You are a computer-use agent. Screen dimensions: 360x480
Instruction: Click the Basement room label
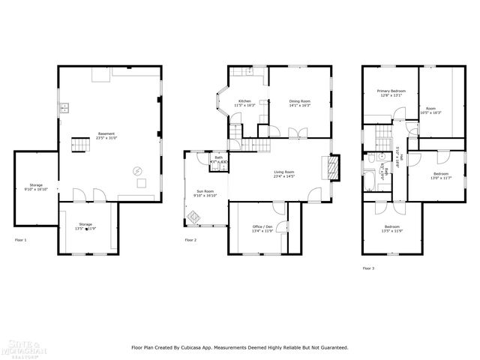(x=106, y=134)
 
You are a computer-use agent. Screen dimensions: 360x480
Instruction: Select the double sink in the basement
(x=65, y=108)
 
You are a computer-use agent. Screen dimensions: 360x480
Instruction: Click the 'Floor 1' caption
(x=21, y=240)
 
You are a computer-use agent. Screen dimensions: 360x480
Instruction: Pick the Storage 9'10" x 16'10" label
(x=36, y=187)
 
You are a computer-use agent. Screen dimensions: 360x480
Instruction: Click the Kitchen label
(x=245, y=101)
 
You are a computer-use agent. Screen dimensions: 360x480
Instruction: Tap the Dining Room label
(x=300, y=101)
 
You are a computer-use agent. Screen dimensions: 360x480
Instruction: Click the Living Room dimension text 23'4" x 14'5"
(x=283, y=176)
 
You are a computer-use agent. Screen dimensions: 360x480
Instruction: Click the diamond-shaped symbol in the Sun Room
(x=193, y=217)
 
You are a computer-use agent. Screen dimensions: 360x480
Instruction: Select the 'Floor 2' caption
(x=190, y=240)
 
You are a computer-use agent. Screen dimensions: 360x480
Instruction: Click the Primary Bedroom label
(x=391, y=91)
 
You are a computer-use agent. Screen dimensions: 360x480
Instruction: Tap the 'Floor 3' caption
(x=368, y=268)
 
